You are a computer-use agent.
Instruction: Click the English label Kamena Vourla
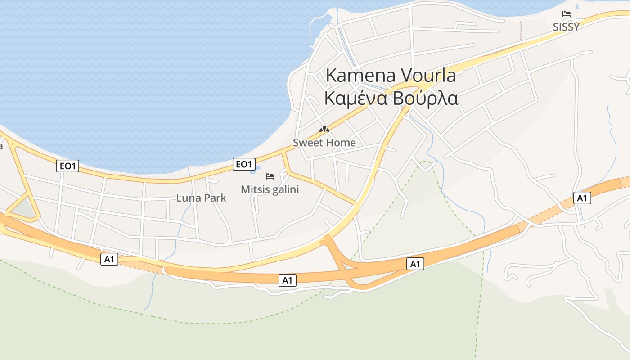pyautogui.click(x=391, y=76)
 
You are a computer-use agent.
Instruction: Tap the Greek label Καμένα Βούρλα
pyautogui.click(x=391, y=99)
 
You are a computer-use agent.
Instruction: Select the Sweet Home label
pyautogui.click(x=324, y=143)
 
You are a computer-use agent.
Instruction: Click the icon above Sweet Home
pyautogui.click(x=324, y=130)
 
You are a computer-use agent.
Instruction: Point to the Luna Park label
pyautogui.click(x=201, y=198)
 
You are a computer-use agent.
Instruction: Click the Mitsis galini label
pyautogui.click(x=270, y=189)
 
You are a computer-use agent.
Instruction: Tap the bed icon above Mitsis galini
pyautogui.click(x=270, y=176)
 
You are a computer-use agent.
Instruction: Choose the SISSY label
pyautogui.click(x=566, y=27)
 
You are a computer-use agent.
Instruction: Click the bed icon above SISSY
pyautogui.click(x=566, y=14)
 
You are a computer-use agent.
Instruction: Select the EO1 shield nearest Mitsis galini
pyautogui.click(x=244, y=164)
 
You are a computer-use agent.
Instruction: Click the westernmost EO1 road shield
pyautogui.click(x=68, y=166)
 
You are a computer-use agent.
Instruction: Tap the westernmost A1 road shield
pyautogui.click(x=109, y=259)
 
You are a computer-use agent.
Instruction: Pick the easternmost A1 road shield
pyautogui.click(x=582, y=198)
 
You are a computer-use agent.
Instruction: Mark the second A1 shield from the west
pyautogui.click(x=287, y=280)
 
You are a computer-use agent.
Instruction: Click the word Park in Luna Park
pyautogui.click(x=215, y=198)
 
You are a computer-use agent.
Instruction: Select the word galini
pyautogui.click(x=285, y=189)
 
